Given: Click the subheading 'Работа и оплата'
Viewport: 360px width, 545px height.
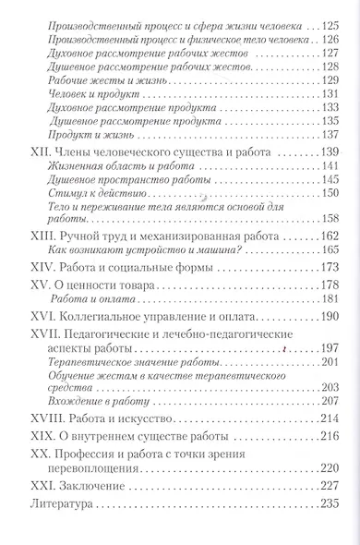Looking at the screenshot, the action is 88,300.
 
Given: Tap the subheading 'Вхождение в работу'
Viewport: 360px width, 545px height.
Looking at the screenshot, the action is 95,406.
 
